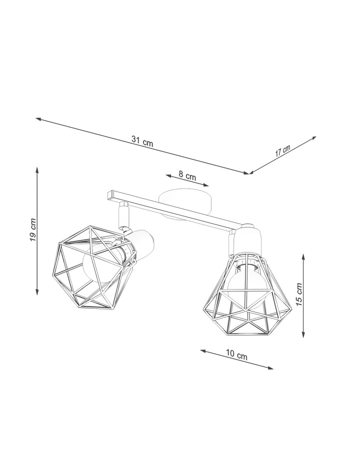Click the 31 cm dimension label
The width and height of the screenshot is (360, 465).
(x=142, y=141)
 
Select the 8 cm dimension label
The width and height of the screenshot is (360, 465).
(x=187, y=176)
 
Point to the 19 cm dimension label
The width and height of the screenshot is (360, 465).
(x=32, y=230)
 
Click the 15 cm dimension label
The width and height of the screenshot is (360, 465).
(x=299, y=294)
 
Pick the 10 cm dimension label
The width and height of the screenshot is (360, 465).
(x=237, y=356)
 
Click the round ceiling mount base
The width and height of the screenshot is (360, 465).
(x=184, y=201)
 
